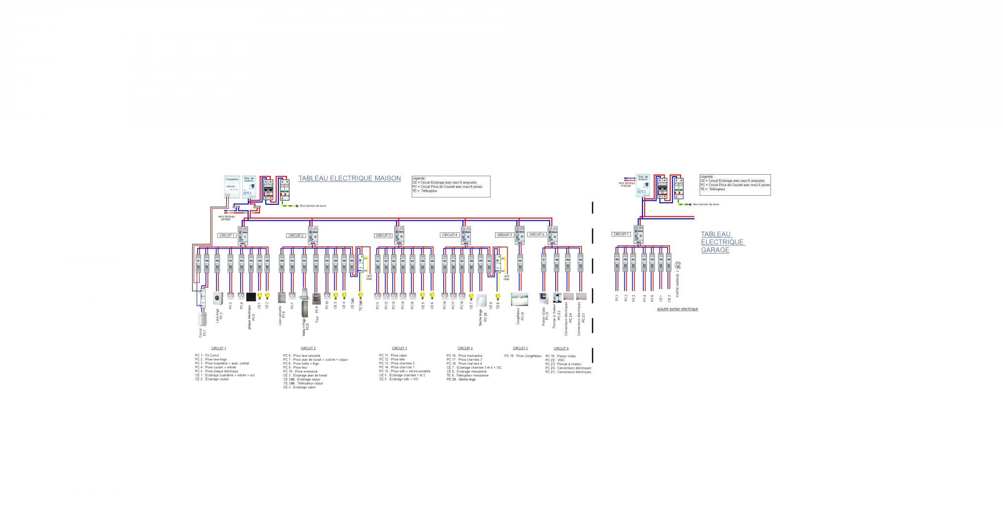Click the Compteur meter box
coord(232,187)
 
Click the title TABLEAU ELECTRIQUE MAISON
coord(350,178)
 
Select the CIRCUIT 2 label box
coord(296,235)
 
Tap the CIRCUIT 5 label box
coord(505,235)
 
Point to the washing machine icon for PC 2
coord(218,298)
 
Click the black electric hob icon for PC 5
coord(251,297)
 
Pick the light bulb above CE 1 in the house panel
coord(259,296)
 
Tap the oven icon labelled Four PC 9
coord(316,299)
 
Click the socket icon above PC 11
coord(378,296)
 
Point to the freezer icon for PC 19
coord(520,300)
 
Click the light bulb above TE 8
coord(498,296)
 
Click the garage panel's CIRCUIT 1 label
coord(620,234)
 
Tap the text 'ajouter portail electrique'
coord(677,309)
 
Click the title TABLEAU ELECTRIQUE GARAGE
coord(722,242)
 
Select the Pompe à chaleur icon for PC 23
coord(557,298)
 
